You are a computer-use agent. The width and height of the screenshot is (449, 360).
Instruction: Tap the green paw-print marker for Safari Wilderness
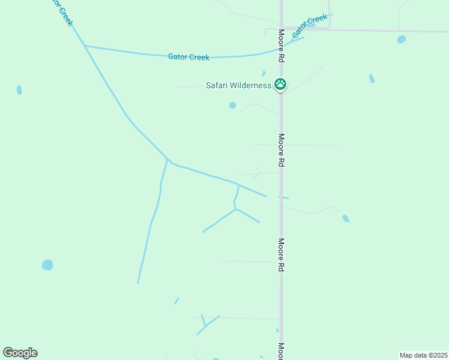280,84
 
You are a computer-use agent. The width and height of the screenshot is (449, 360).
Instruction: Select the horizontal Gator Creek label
189,57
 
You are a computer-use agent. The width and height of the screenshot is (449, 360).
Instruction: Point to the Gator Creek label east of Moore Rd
310,26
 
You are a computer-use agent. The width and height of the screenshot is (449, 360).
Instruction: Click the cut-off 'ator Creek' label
62,13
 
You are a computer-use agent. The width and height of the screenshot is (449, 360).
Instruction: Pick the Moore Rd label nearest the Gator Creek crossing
281,47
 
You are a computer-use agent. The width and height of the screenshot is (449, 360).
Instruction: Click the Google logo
20,353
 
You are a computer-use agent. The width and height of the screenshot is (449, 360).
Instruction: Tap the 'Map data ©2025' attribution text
424,355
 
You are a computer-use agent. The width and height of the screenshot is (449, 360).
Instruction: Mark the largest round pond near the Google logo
47,265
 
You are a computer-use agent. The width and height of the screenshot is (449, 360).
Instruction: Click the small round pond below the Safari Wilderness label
232,106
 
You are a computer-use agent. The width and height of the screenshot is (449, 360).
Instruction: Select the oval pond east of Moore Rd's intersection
401,40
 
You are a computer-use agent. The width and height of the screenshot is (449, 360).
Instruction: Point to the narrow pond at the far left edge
19,90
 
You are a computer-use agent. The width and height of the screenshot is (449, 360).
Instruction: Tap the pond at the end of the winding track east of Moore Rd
346,218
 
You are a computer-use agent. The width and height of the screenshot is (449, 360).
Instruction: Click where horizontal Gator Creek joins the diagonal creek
85,46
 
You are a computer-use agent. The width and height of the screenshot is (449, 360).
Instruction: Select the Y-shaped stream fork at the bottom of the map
205,326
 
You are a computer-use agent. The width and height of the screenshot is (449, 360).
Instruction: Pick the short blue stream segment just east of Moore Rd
283,197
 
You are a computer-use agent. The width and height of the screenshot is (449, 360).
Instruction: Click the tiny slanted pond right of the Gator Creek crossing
372,79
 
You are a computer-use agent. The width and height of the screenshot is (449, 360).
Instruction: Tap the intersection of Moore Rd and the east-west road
281,29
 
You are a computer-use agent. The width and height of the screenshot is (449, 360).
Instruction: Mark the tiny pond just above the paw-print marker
264,74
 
